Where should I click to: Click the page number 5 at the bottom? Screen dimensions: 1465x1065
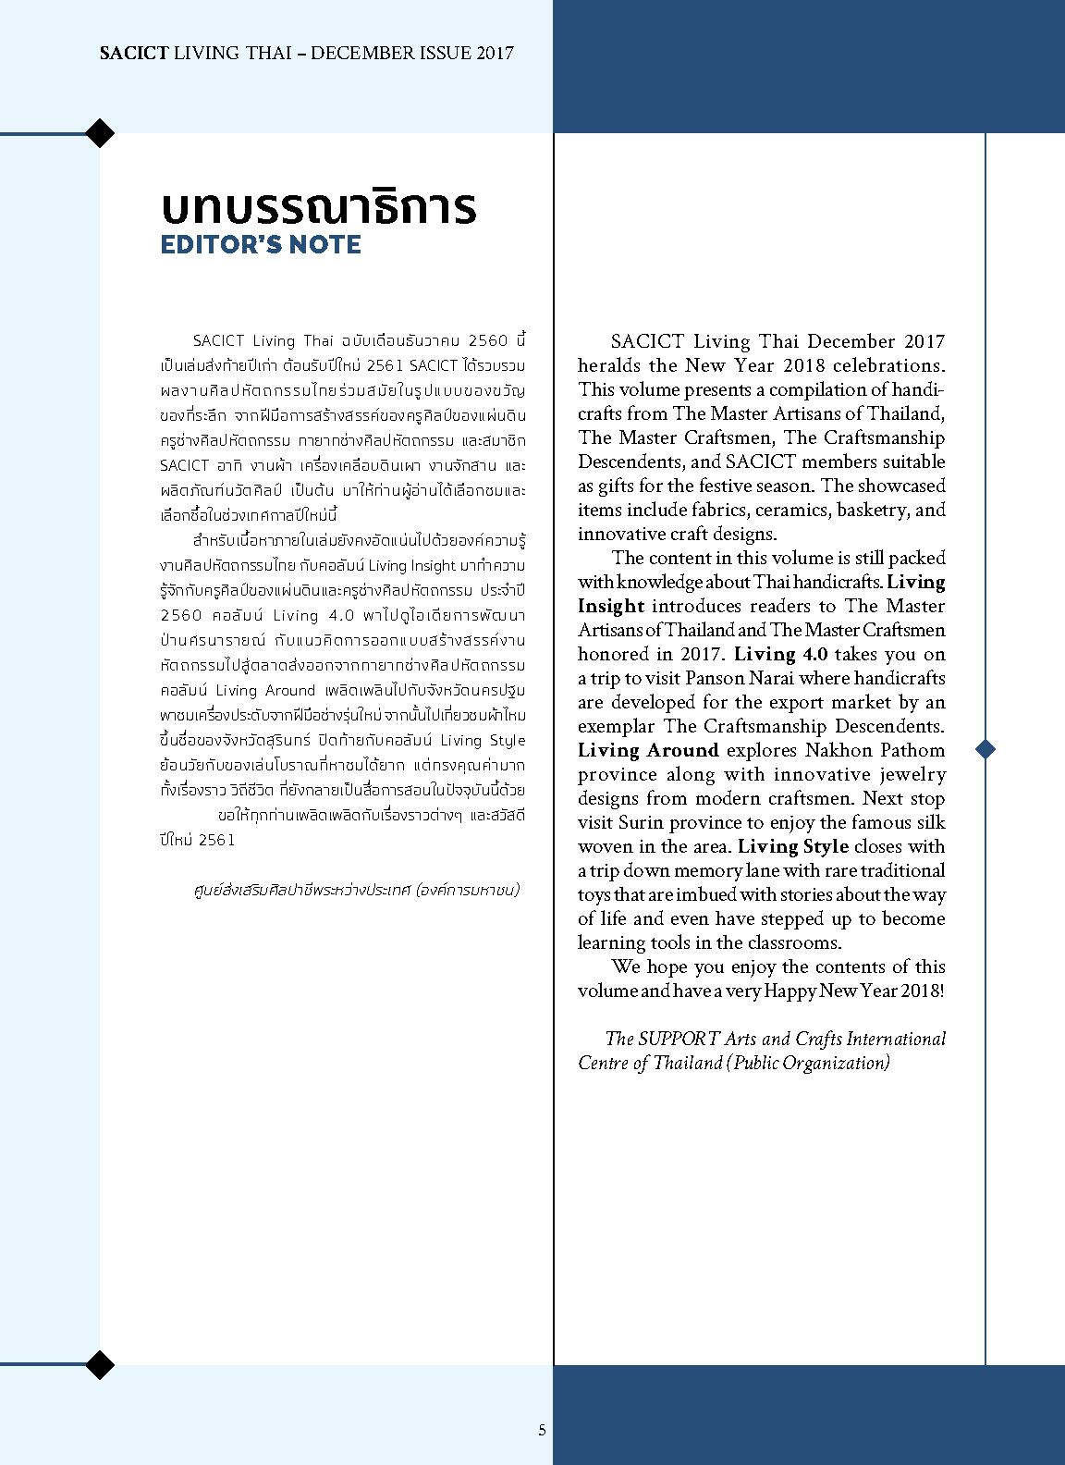[543, 1430]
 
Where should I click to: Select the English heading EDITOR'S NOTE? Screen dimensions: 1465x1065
[260, 245]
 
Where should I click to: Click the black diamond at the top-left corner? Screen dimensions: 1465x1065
[100, 133]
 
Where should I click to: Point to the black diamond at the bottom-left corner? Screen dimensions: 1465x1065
[100, 1364]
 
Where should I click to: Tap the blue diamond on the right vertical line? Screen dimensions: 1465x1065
[985, 749]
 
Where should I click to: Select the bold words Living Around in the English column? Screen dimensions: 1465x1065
[648, 750]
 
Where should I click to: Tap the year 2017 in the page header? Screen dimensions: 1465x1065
[495, 53]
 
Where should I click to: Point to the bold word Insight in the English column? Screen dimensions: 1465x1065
[610, 606]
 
